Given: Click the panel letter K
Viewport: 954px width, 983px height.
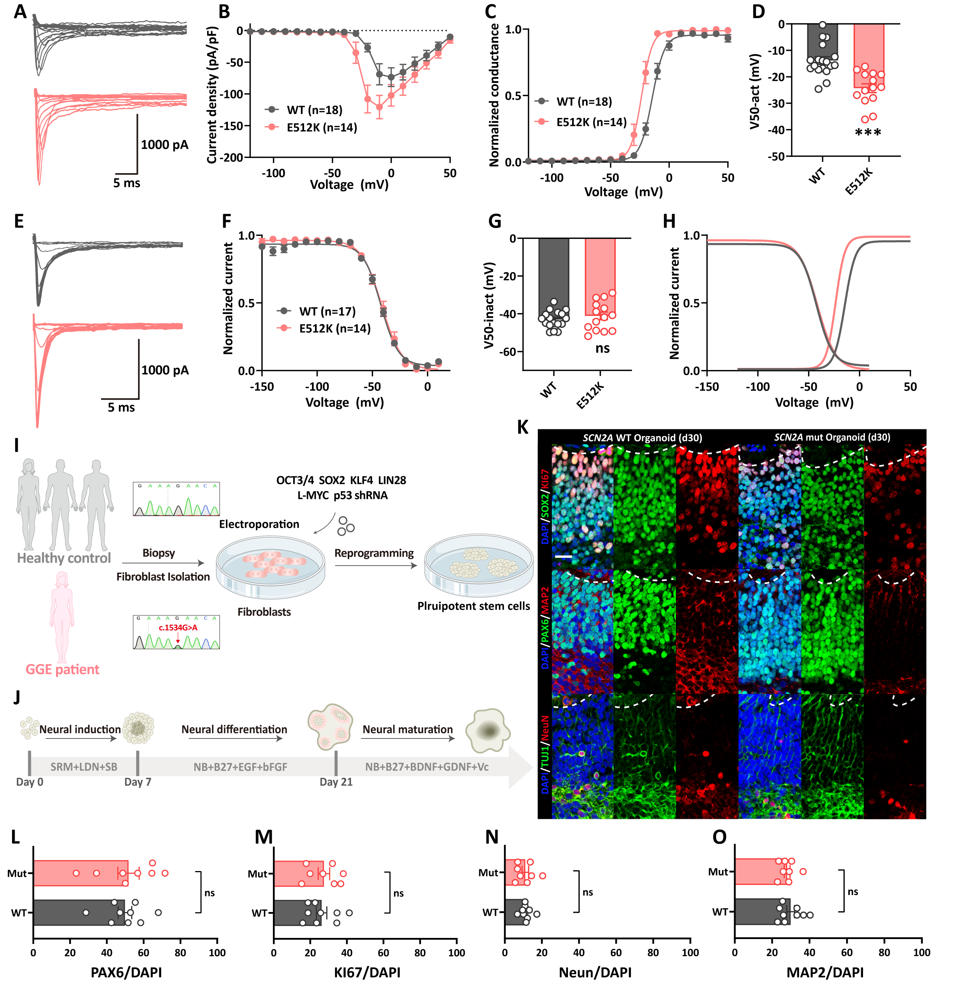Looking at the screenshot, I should [x=522, y=427].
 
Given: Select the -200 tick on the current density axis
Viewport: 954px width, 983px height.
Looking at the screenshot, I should [x=232, y=157].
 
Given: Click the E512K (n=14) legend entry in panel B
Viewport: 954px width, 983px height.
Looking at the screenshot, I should [x=321, y=127].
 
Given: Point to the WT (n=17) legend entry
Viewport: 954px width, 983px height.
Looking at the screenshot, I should [x=327, y=311].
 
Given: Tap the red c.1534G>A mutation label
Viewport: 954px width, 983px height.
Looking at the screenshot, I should [x=178, y=627].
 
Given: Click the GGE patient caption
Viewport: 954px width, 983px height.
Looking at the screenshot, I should [x=62, y=669].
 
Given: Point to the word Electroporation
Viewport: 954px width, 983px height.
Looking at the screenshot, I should [x=259, y=524].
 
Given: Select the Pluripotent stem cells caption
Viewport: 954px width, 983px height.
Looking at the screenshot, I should [x=473, y=606].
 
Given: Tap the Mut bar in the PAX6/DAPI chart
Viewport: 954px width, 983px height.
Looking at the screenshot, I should [x=80, y=873].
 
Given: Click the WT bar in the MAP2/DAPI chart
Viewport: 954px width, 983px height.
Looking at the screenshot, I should [x=762, y=912].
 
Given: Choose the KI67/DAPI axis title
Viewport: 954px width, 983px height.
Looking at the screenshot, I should [x=367, y=972].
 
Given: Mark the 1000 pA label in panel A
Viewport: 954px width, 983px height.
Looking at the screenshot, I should [x=164, y=145].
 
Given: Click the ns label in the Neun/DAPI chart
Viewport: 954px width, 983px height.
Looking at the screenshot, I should [x=588, y=892].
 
